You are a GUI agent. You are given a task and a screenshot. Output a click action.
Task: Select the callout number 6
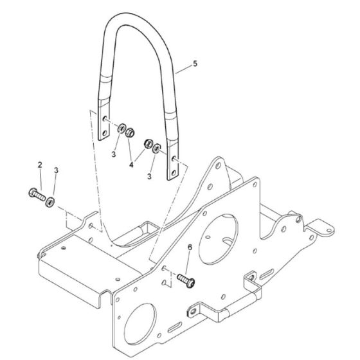[x=189, y=247]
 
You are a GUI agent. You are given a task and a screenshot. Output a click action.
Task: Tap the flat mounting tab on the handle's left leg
[x=101, y=126]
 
